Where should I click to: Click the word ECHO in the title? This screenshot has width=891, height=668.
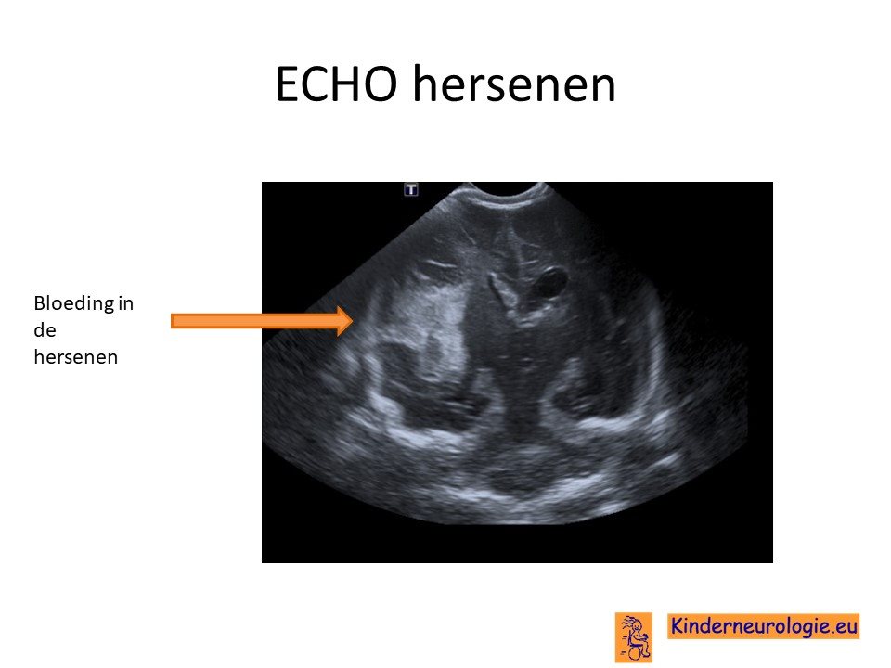336,84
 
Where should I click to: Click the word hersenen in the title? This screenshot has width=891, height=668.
514,83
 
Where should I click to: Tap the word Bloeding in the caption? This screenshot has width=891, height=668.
74,304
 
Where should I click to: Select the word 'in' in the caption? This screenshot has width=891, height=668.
126,303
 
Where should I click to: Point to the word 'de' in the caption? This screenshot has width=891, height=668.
45,330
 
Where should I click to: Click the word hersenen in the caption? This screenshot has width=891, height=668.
75,356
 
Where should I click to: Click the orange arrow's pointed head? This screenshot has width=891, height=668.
353,321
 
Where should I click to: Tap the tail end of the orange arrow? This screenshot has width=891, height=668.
173,321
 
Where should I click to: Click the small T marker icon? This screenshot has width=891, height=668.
411,189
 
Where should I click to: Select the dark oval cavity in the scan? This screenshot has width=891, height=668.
551,282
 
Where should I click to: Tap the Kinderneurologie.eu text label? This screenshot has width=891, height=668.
763,626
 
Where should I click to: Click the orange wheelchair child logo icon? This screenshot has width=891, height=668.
633,636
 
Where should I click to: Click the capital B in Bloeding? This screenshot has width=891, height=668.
40,303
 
